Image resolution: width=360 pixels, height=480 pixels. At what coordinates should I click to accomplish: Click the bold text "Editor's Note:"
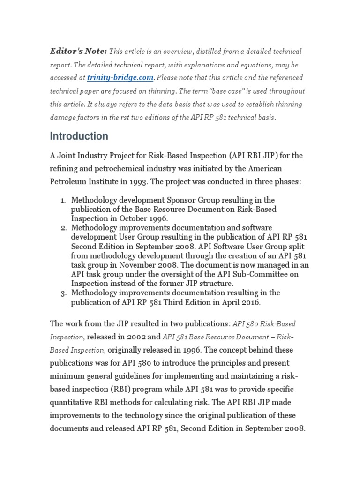point(78,51)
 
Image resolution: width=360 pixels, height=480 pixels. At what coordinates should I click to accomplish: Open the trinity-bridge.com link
point(121,77)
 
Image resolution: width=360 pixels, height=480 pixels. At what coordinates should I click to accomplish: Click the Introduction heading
point(79,136)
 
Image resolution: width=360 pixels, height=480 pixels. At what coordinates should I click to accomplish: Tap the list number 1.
point(63,201)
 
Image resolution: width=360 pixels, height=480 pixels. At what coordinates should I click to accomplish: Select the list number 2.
point(63,228)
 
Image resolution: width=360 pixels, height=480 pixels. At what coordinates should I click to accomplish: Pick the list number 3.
point(63,293)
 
